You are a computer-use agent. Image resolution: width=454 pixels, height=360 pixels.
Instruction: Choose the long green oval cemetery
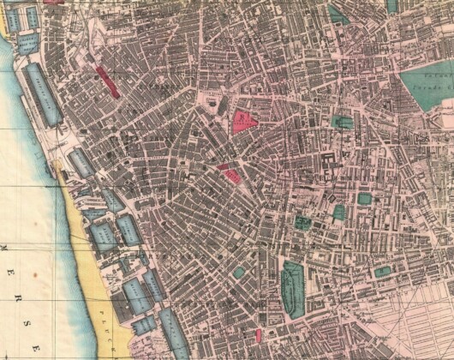pyautogui.click(x=293, y=288)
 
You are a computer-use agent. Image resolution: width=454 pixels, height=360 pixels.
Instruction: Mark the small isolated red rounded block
pyautogui.click(x=258, y=333)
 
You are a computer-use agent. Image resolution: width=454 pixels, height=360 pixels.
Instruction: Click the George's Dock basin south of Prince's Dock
pyautogui.click(x=81, y=162)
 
